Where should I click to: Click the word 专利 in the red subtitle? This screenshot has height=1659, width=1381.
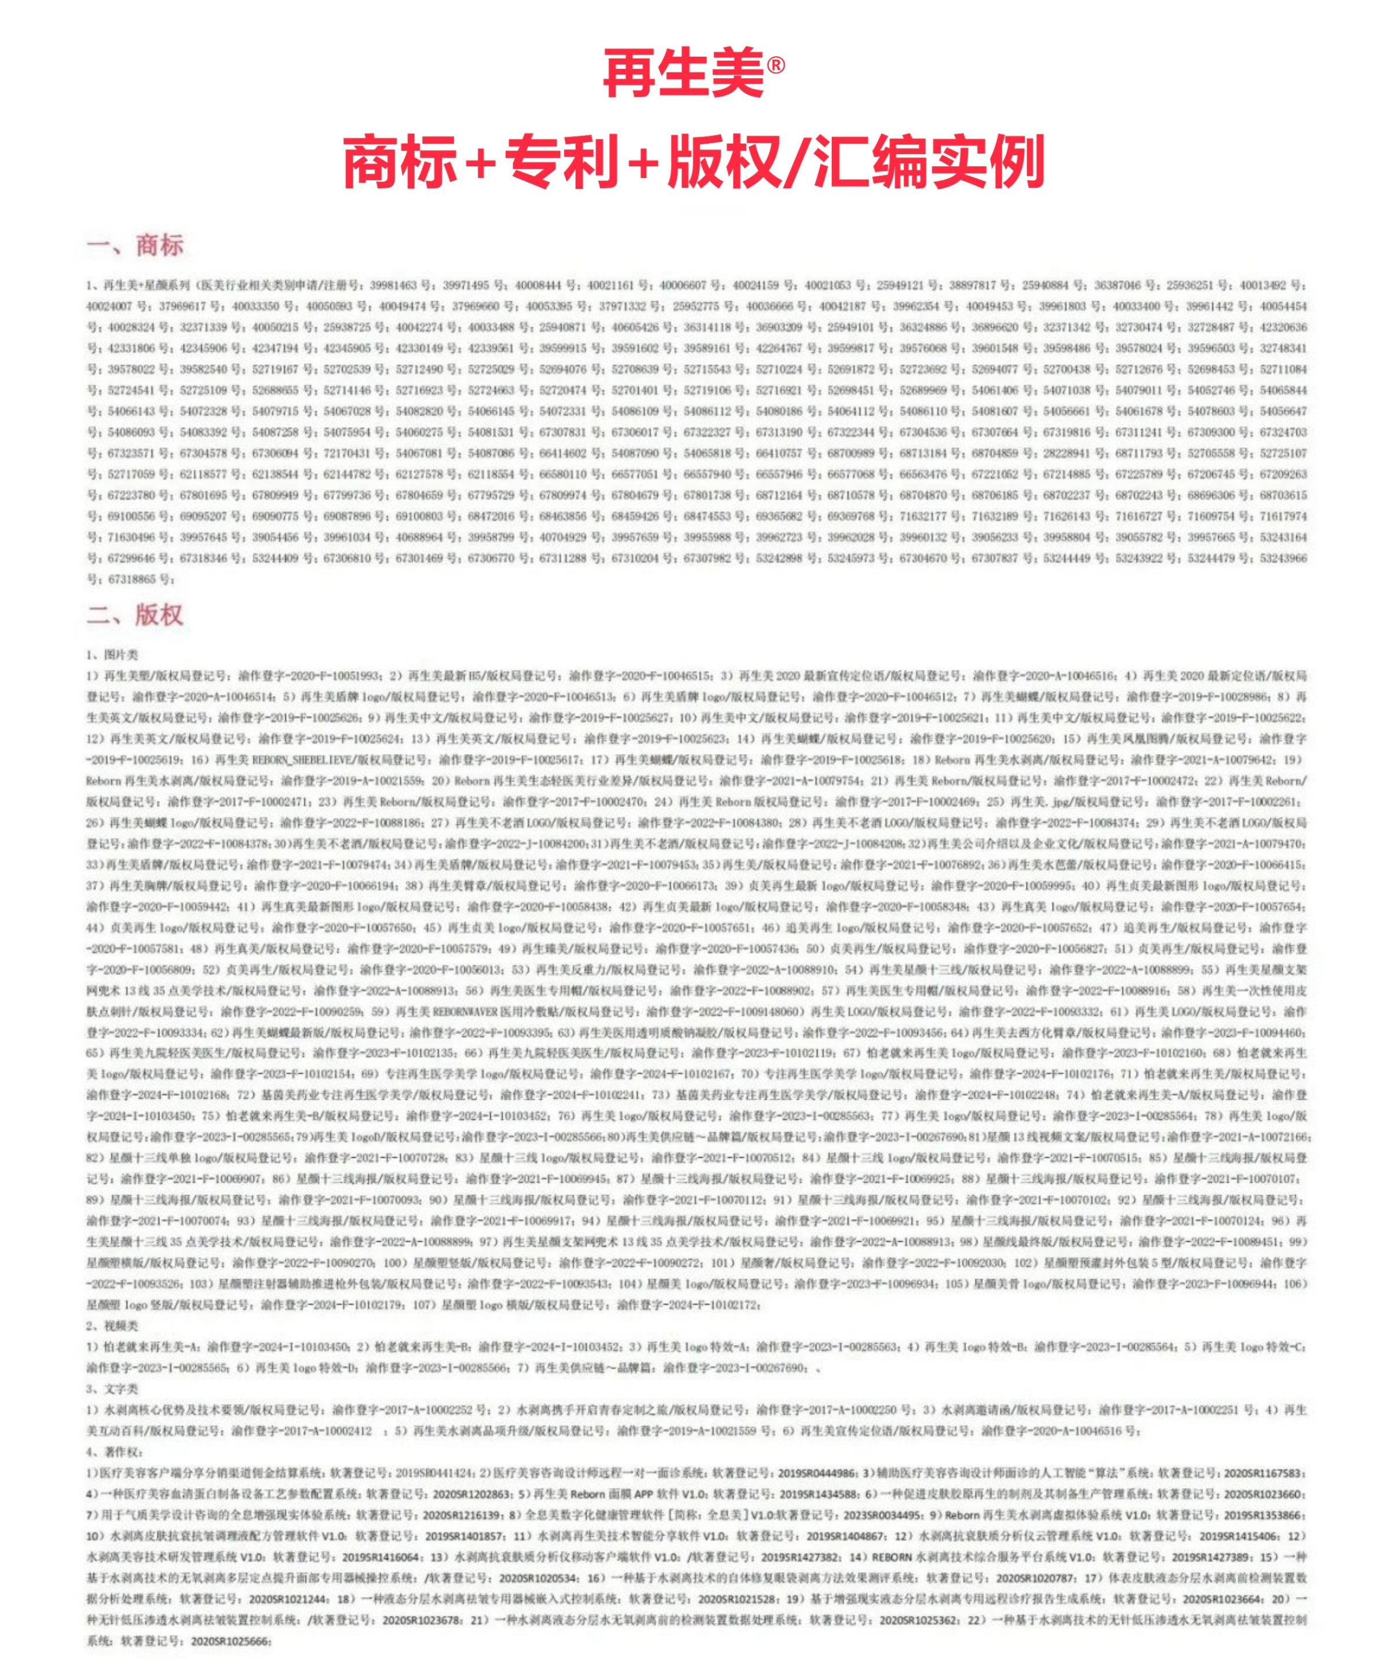click(x=562, y=162)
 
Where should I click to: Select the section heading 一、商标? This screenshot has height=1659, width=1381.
click(x=135, y=245)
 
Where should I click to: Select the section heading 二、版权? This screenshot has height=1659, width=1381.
click(x=135, y=615)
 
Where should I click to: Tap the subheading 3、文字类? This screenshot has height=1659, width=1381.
click(x=112, y=1389)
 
